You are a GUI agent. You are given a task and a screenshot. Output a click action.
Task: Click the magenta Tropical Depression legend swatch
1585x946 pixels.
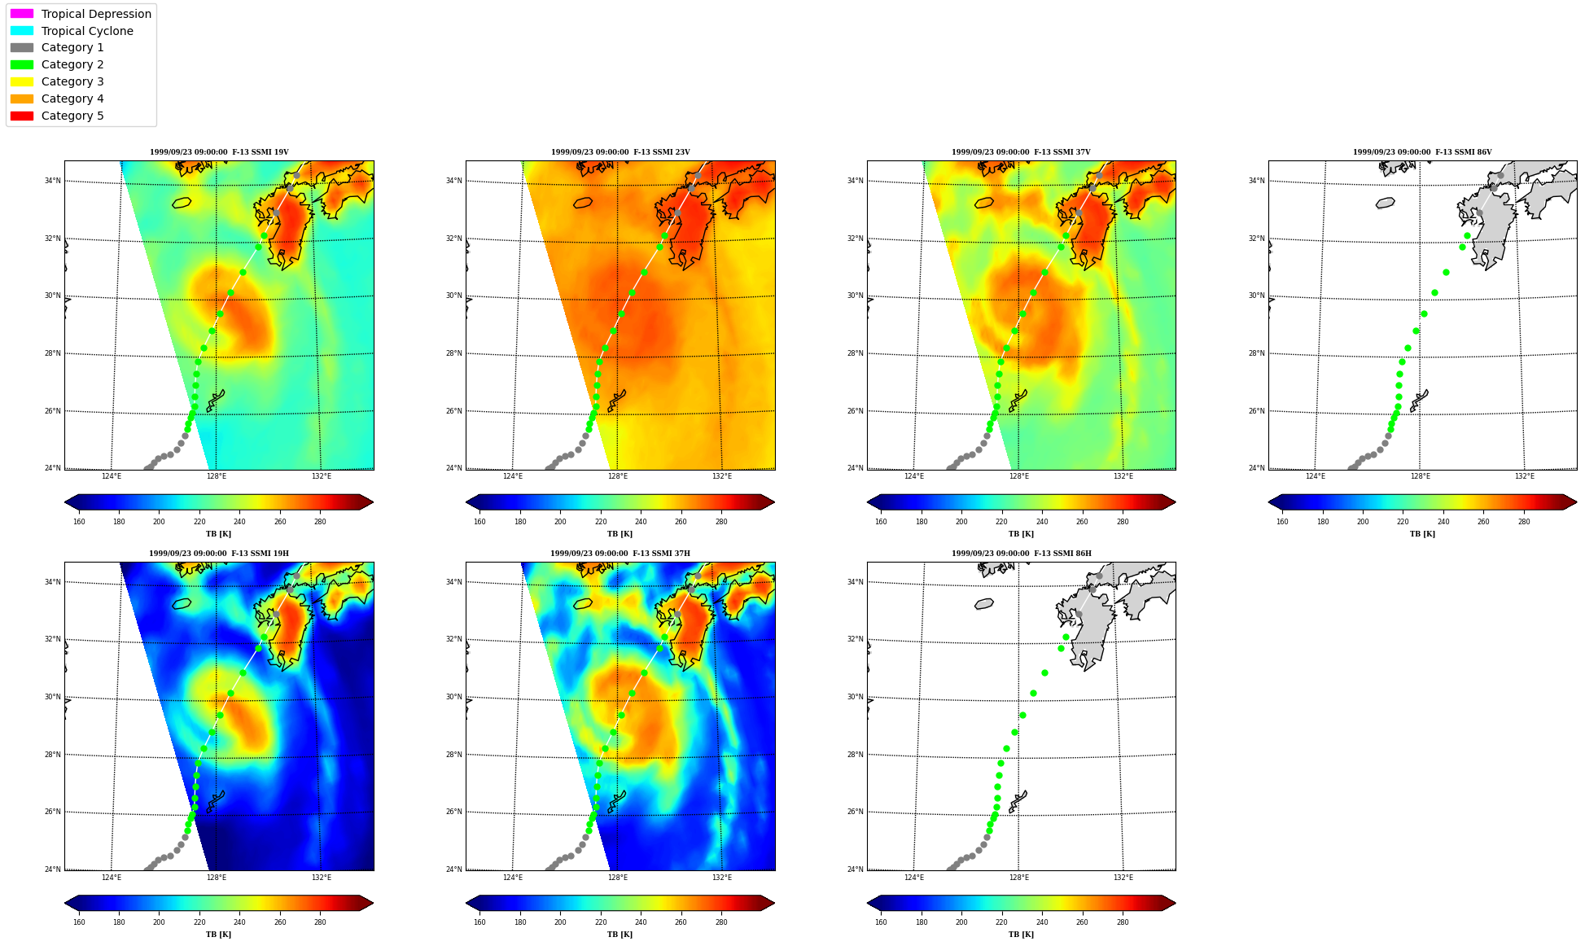tap(22, 14)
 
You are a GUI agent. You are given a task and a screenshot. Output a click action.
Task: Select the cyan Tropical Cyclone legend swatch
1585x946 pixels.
tap(22, 31)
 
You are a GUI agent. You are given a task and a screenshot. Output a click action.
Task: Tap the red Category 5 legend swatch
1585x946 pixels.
tap(22, 116)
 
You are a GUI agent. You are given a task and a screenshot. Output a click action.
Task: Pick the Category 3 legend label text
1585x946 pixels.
tap(72, 81)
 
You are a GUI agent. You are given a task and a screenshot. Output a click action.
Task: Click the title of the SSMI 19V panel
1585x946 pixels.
tap(219, 152)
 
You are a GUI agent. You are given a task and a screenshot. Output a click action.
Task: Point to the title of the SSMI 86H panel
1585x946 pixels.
tap(1022, 554)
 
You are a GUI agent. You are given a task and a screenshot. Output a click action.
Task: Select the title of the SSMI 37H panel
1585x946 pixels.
tap(620, 554)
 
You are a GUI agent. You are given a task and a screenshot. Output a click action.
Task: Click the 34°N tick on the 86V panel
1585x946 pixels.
tap(1257, 181)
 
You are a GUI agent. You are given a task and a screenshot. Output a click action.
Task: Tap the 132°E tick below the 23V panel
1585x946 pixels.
tap(722, 476)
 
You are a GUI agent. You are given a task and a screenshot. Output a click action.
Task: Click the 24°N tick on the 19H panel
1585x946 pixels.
tap(53, 869)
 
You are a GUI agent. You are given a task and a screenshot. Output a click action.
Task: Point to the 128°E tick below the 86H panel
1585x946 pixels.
tap(1018, 878)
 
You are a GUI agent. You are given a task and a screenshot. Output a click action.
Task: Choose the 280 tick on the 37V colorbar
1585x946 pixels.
tap(1123, 522)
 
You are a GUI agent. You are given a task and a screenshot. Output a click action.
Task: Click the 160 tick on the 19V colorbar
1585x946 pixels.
tap(79, 522)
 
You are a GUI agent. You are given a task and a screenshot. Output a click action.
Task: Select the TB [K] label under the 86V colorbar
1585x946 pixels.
tap(1422, 534)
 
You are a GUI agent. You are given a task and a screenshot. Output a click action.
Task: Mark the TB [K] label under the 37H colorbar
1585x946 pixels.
tap(620, 935)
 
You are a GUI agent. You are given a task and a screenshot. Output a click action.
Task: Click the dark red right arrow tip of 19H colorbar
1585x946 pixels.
tap(372, 903)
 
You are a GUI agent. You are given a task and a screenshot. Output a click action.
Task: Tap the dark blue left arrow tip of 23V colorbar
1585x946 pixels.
tap(467, 502)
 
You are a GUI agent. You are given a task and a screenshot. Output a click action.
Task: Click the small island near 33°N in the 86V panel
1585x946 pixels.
tap(1386, 203)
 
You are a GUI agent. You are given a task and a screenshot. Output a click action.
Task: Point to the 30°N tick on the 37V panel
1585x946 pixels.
tap(856, 296)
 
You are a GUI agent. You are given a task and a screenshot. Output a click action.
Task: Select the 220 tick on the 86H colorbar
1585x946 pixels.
tap(1001, 922)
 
